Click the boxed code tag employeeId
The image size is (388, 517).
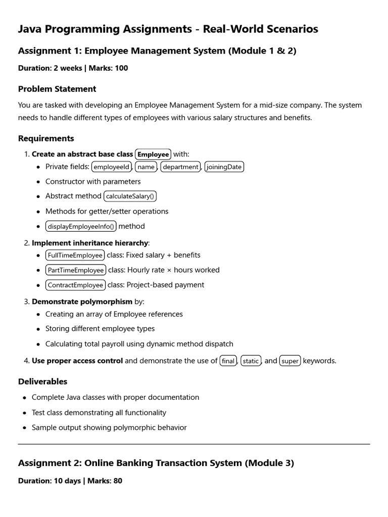pos(112,167)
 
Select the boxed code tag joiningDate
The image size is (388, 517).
pos(224,167)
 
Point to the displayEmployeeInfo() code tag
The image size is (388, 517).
pos(81,226)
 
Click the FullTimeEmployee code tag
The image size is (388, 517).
pos(75,255)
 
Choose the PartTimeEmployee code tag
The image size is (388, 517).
pos(76,270)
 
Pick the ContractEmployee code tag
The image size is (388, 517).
pos(75,285)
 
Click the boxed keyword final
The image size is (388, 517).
pos(228,361)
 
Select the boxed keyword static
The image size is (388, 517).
pos(251,361)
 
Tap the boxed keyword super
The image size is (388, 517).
pos(290,361)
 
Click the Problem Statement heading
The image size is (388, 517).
pos(57,89)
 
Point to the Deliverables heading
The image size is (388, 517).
pos(42,382)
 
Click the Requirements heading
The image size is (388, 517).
pos(46,138)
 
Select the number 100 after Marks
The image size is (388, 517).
pos(121,68)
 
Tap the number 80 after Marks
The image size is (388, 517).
pos(118,481)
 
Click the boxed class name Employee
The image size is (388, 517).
pos(153,154)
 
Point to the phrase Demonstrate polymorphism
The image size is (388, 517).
pos(82,302)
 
